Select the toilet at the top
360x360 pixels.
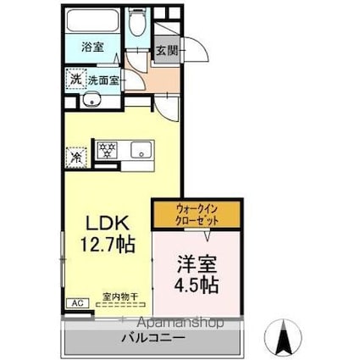[138, 23]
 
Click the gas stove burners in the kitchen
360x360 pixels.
[108, 151]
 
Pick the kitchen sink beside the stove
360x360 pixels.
[138, 152]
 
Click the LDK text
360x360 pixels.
[106, 224]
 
